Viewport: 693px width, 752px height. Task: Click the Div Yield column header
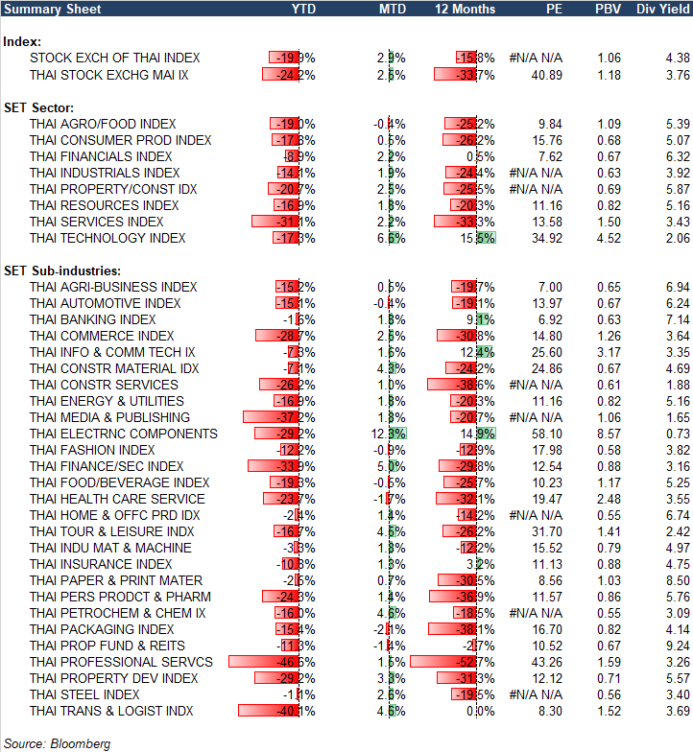tap(659, 9)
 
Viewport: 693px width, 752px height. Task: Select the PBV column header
tap(609, 9)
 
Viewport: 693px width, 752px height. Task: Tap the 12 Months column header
tap(466, 9)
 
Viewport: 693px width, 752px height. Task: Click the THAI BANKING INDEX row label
tap(92, 319)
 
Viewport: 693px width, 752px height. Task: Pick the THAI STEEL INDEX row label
tap(84, 694)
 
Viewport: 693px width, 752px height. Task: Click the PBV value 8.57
tap(609, 434)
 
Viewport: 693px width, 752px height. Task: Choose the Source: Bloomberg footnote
tap(58, 743)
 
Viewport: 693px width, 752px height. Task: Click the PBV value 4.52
tap(609, 238)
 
